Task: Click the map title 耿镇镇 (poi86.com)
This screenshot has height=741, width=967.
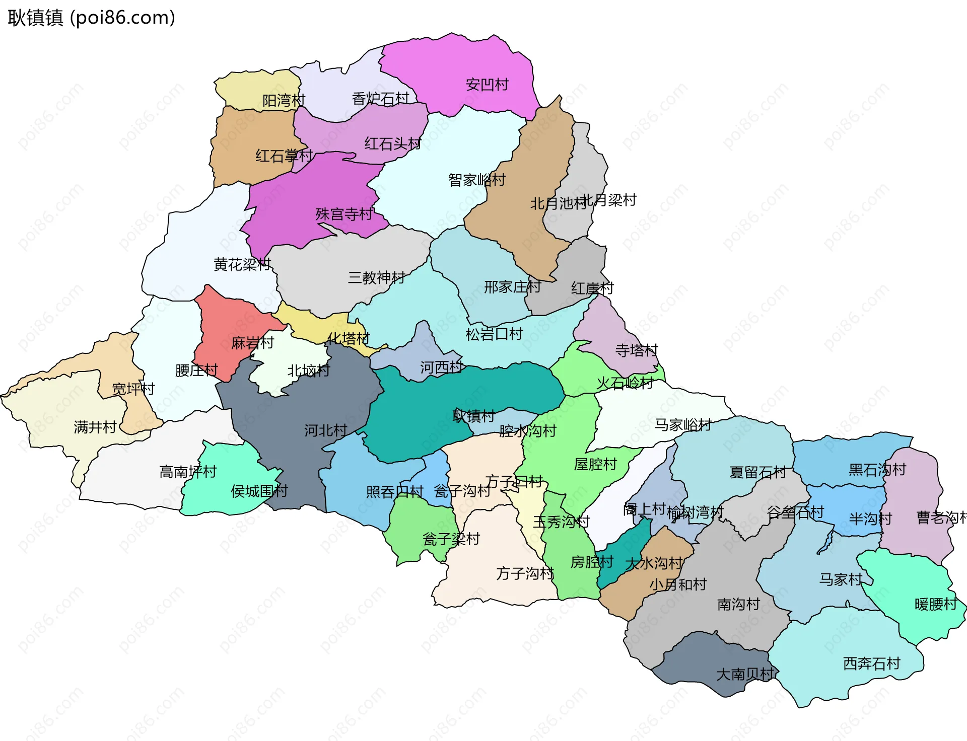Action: coord(92,18)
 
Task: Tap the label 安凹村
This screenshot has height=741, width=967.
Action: coord(487,85)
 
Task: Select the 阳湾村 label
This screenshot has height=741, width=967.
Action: coord(284,101)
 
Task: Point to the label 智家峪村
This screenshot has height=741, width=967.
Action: coord(476,180)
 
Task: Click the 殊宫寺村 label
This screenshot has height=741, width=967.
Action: coord(344,214)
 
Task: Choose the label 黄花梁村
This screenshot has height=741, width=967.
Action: coord(242,264)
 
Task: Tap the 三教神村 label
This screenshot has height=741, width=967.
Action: coord(376,277)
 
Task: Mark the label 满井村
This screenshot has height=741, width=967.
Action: coord(95,427)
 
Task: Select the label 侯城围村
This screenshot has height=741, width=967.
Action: coord(259,491)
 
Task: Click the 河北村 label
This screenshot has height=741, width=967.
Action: coord(325,430)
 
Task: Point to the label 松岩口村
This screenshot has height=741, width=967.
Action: coord(494,334)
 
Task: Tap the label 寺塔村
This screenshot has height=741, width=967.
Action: coord(636,350)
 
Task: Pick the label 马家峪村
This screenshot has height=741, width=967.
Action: coord(682,425)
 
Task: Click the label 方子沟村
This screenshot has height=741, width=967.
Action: coord(525,573)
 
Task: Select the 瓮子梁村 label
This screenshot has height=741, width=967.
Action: coord(451,539)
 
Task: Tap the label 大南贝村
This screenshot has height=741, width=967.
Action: coord(744,674)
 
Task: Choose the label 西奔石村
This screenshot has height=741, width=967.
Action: coord(871,663)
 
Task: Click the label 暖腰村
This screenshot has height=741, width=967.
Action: coord(935,604)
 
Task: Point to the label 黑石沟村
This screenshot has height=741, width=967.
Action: coord(877,470)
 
